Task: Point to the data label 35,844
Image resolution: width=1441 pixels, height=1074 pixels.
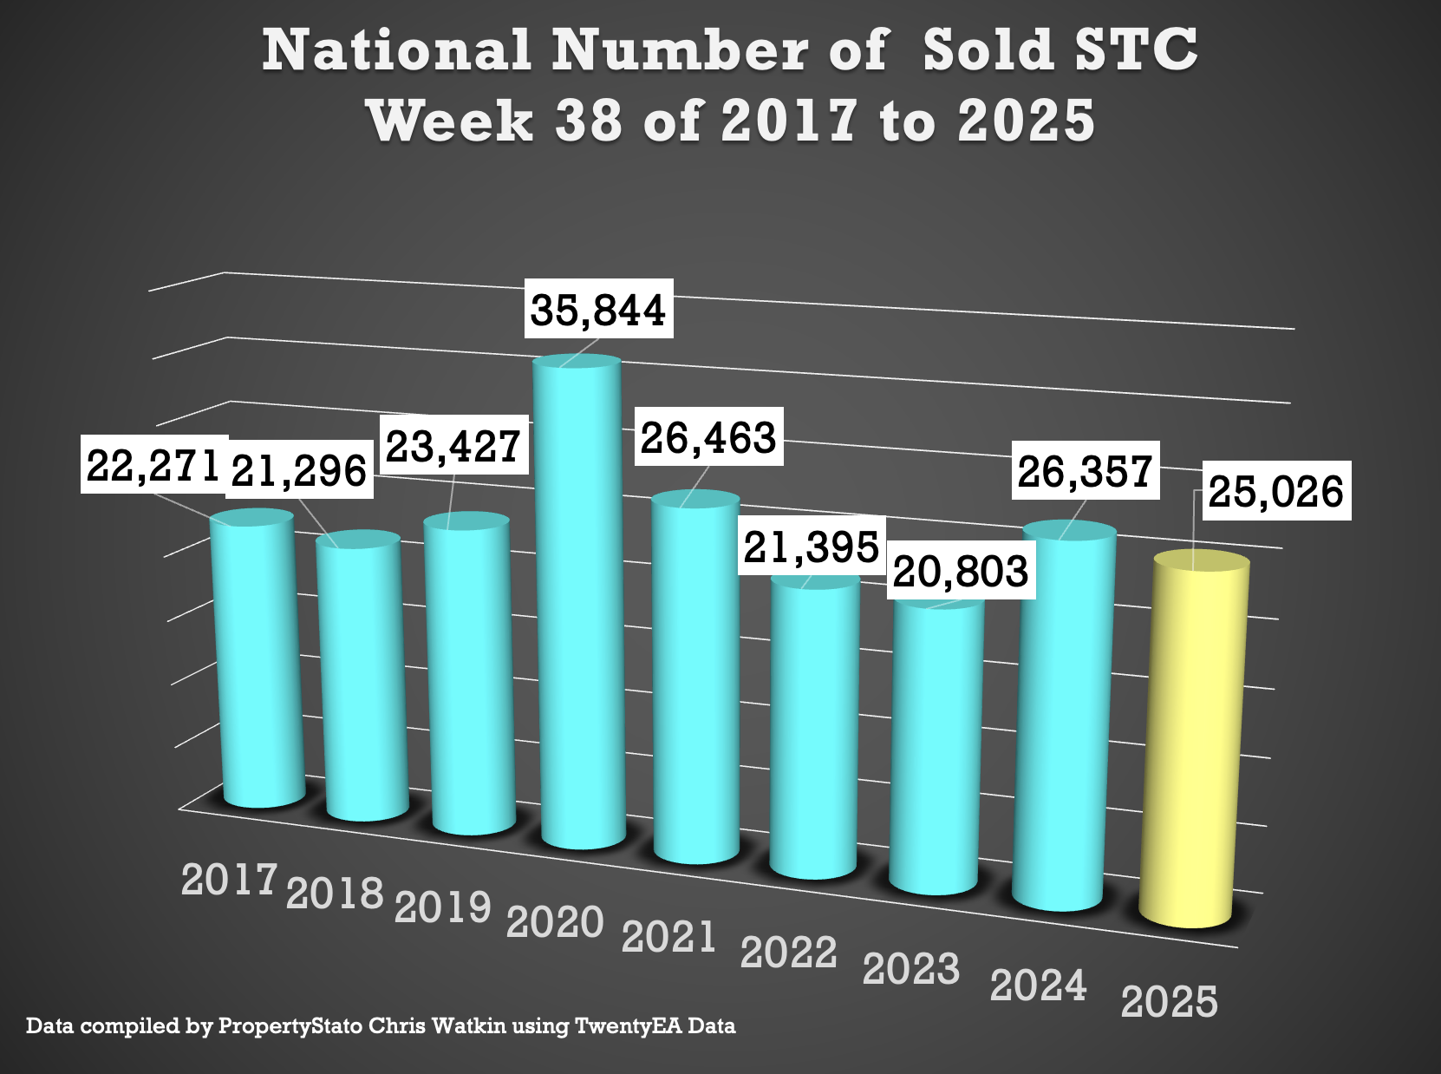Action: (598, 310)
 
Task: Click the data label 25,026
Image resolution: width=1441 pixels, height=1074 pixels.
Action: (1275, 492)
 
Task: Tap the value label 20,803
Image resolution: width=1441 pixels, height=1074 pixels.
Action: (961, 572)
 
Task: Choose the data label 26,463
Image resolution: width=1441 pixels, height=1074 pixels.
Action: (708, 437)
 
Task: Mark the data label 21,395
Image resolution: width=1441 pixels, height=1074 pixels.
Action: (812, 547)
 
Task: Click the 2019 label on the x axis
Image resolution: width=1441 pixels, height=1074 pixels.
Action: (443, 907)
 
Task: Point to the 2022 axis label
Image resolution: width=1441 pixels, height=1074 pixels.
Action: (789, 953)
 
